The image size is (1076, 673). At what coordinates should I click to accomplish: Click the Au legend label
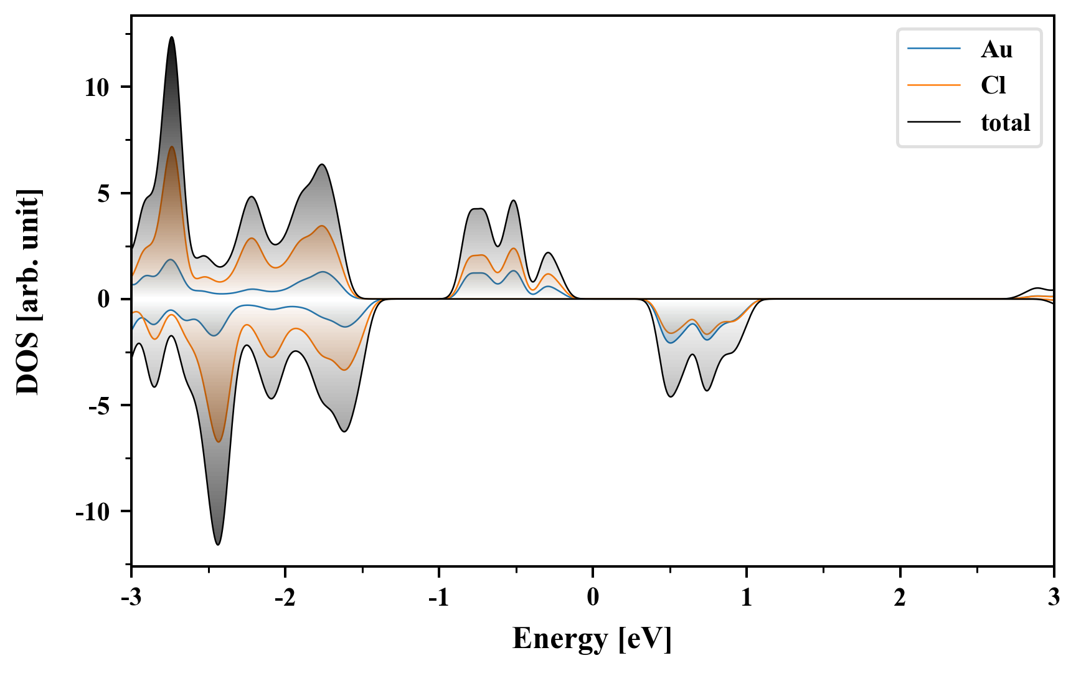point(996,49)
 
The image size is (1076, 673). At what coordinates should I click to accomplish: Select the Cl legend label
point(993,85)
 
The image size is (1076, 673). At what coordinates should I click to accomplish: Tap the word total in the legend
point(1005,122)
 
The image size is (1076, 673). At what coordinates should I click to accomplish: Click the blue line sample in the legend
point(933,49)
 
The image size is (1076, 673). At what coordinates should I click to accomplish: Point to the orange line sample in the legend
point(933,85)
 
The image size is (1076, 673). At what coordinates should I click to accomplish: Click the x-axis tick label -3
point(131,598)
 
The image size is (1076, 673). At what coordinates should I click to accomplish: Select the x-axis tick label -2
point(285,598)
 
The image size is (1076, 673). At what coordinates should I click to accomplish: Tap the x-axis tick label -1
point(438,598)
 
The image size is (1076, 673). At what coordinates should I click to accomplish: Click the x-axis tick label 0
point(593,598)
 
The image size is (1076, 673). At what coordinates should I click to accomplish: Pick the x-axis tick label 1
point(746,598)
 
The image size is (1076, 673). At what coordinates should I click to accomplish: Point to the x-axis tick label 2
point(900,598)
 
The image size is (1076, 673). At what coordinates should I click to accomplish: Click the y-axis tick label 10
point(97,87)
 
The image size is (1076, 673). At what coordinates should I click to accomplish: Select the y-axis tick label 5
point(103,193)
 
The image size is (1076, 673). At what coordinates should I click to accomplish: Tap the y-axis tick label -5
point(100,406)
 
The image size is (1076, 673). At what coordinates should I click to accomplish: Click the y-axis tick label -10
point(93,512)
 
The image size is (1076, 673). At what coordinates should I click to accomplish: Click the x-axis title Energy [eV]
point(592,639)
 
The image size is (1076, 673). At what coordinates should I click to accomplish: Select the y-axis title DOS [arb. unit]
point(28,292)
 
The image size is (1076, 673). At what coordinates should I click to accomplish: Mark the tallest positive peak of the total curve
point(171,37)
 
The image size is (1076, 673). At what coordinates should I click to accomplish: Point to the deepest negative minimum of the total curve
point(217,545)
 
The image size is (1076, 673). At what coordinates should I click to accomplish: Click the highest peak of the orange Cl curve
point(171,147)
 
